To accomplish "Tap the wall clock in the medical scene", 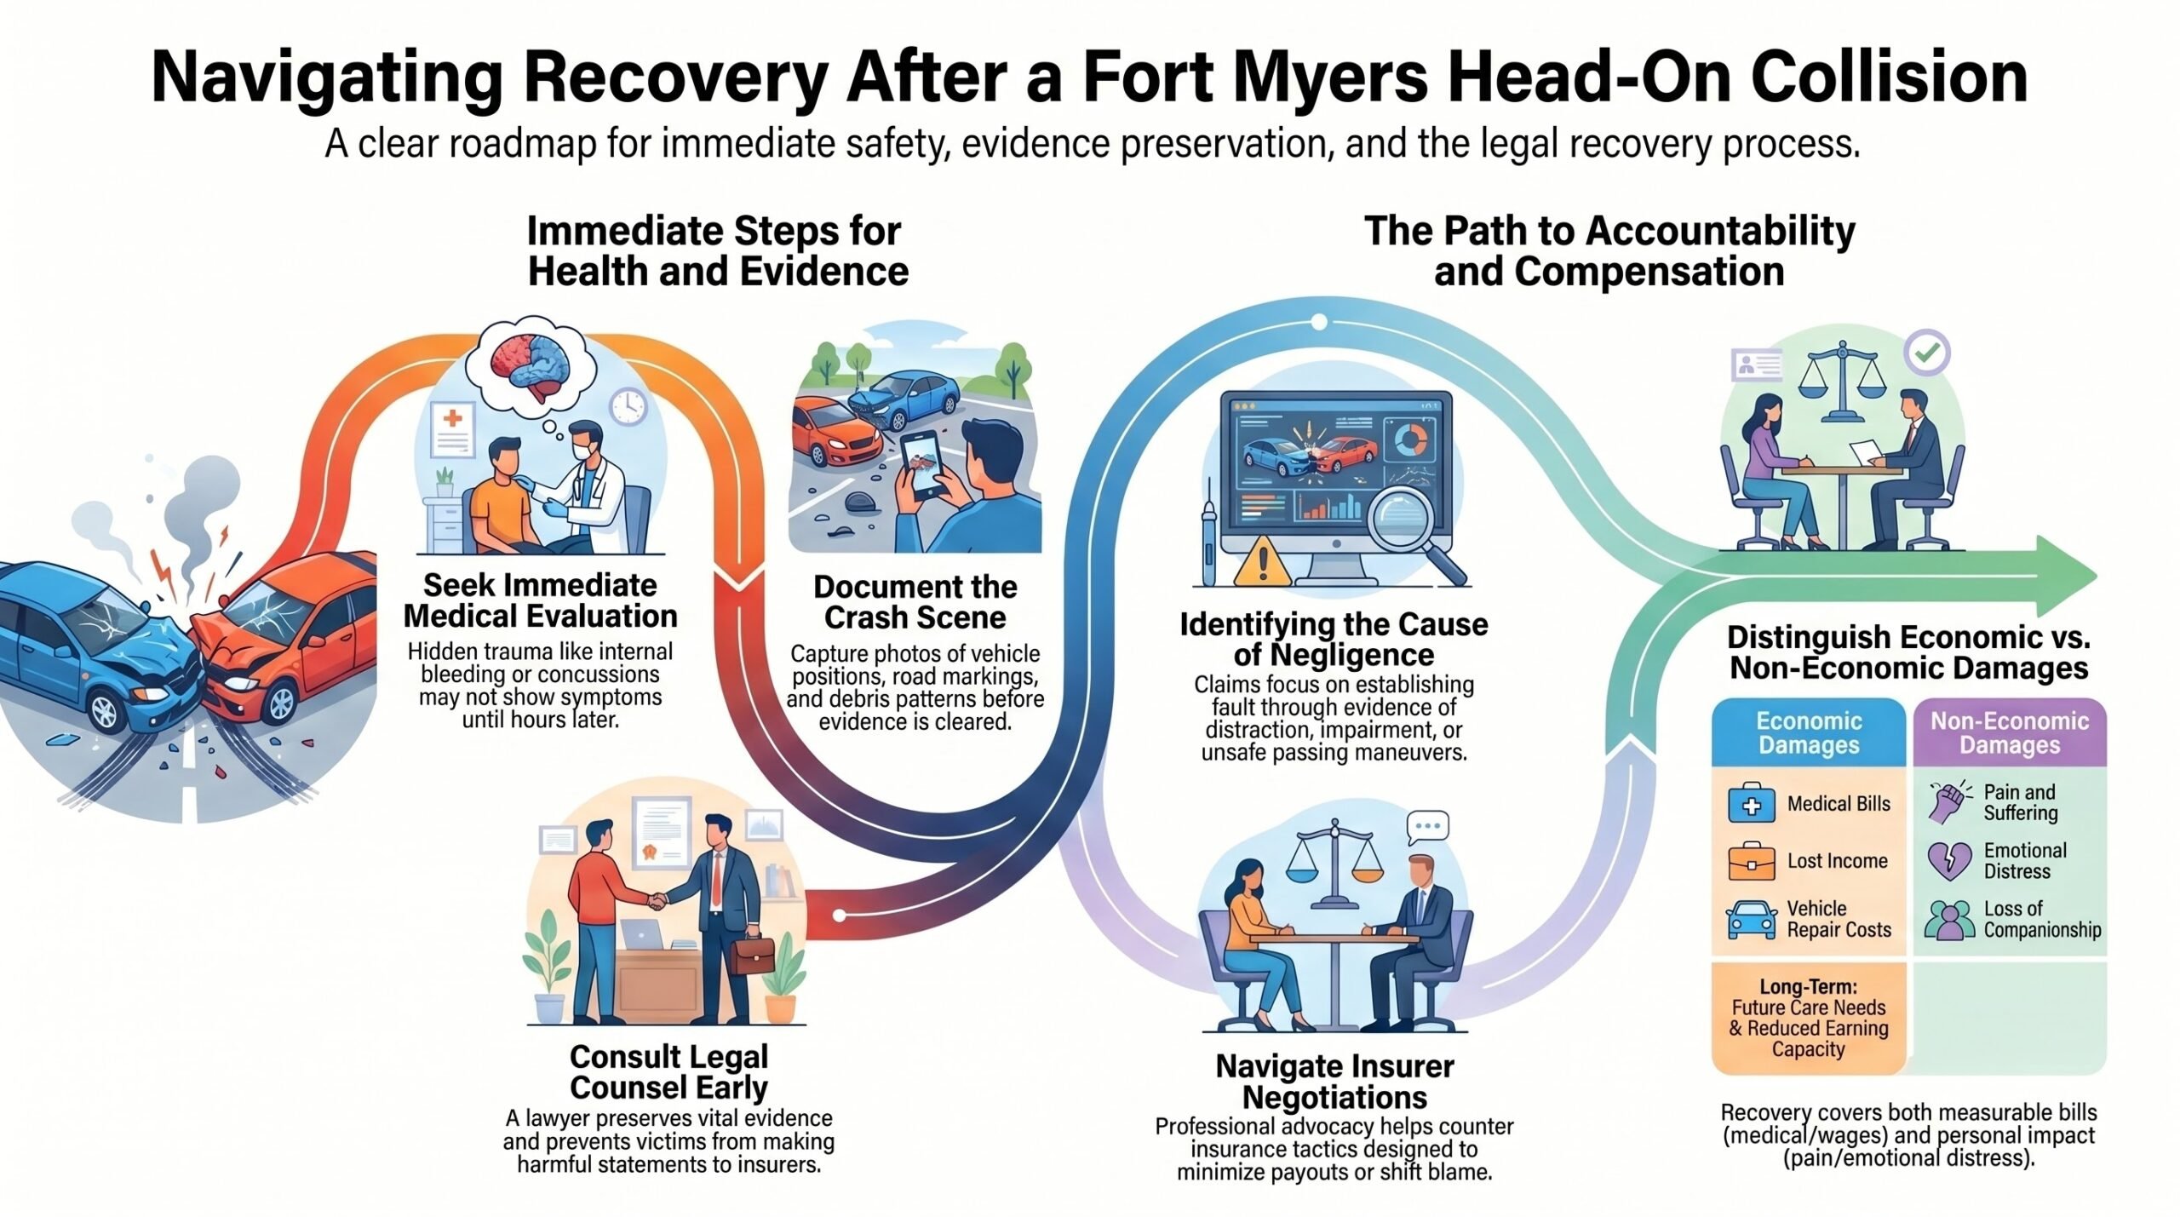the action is [x=628, y=407].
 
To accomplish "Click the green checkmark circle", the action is [x=1927, y=353].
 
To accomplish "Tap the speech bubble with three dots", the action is [x=1428, y=827].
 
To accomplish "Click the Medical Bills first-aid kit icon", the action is [x=1752, y=804].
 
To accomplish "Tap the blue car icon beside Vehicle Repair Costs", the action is [x=1752, y=920].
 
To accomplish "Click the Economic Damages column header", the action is [x=1809, y=732].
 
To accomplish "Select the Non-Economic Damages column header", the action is [x=2010, y=732].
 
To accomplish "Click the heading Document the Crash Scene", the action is [x=915, y=602].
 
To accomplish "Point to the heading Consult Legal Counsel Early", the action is [x=669, y=1072].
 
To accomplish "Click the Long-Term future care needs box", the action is [x=1809, y=1018].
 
